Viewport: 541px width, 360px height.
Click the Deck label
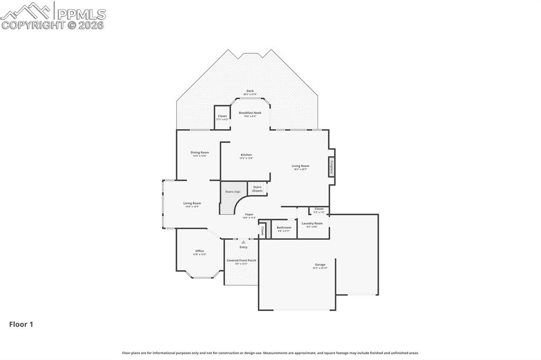pos(250,91)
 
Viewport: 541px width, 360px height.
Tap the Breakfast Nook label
pos(250,113)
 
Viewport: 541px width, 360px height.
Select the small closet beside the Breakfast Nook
pos(222,117)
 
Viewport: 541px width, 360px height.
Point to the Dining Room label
pos(200,153)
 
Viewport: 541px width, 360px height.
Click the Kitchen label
pos(246,155)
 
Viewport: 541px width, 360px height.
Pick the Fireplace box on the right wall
pos(332,167)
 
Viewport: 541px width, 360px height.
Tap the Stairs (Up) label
pos(233,192)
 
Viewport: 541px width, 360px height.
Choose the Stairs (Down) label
pos(257,188)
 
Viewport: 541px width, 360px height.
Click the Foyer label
pos(249,215)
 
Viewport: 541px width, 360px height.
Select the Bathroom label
pos(284,228)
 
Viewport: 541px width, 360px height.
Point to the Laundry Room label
pos(312,224)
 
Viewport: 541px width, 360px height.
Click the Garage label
pos(320,265)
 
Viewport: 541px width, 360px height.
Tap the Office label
pos(199,251)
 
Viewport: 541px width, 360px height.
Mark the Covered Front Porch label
pos(241,261)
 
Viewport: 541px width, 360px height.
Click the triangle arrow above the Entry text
pos(244,242)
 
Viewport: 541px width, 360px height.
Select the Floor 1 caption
pos(21,325)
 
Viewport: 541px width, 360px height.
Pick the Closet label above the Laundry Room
pos(319,209)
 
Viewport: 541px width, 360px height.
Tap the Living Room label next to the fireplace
pos(300,166)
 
